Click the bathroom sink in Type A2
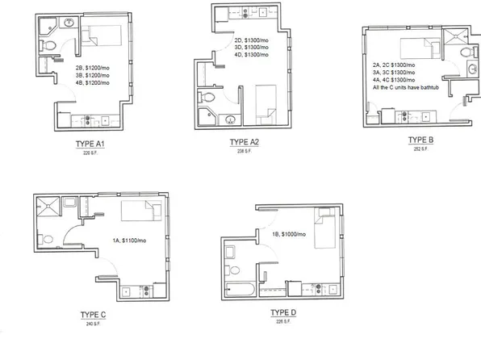230,121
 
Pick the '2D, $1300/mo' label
250,40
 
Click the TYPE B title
420,139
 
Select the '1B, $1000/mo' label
288,234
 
